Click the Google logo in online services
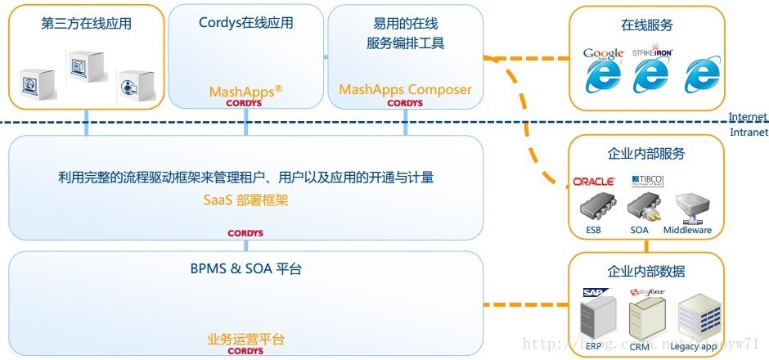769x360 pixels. pyautogui.click(x=603, y=54)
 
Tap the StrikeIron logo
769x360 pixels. pyautogui.click(x=651, y=52)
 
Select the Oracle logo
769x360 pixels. pyautogui.click(x=594, y=181)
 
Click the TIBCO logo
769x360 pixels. pyautogui.click(x=647, y=180)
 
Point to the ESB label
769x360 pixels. pyautogui.click(x=593, y=231)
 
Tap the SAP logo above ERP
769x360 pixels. pyautogui.click(x=594, y=292)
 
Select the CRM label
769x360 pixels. pyautogui.click(x=640, y=347)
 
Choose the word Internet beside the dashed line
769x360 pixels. pyautogui.click(x=748, y=117)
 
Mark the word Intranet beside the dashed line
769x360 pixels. pyautogui.click(x=748, y=132)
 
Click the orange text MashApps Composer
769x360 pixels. pyautogui.click(x=405, y=89)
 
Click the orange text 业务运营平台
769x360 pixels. pyautogui.click(x=245, y=339)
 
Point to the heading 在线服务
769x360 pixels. pyautogui.click(x=647, y=25)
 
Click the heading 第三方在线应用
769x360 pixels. pyautogui.click(x=86, y=24)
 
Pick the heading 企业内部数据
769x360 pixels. pyautogui.click(x=646, y=272)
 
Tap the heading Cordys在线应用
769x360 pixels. pyautogui.click(x=245, y=23)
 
